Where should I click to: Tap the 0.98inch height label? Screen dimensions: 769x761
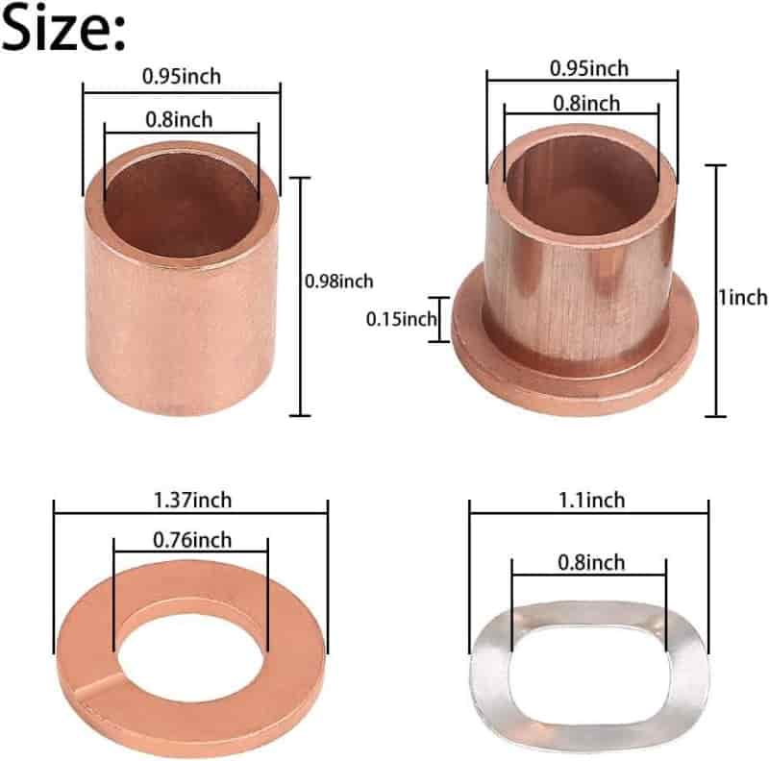[339, 282]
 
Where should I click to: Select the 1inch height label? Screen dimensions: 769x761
[743, 298]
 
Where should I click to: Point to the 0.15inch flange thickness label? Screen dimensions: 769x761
[401, 319]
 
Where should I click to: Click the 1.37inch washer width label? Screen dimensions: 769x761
[192, 501]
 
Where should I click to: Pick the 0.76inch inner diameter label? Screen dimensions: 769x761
[192, 540]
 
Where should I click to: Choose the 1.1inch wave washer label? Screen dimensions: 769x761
[592, 501]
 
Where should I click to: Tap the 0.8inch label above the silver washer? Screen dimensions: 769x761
[591, 562]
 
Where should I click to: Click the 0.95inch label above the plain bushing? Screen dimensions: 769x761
[182, 77]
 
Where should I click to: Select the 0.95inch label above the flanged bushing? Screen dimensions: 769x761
[589, 68]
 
